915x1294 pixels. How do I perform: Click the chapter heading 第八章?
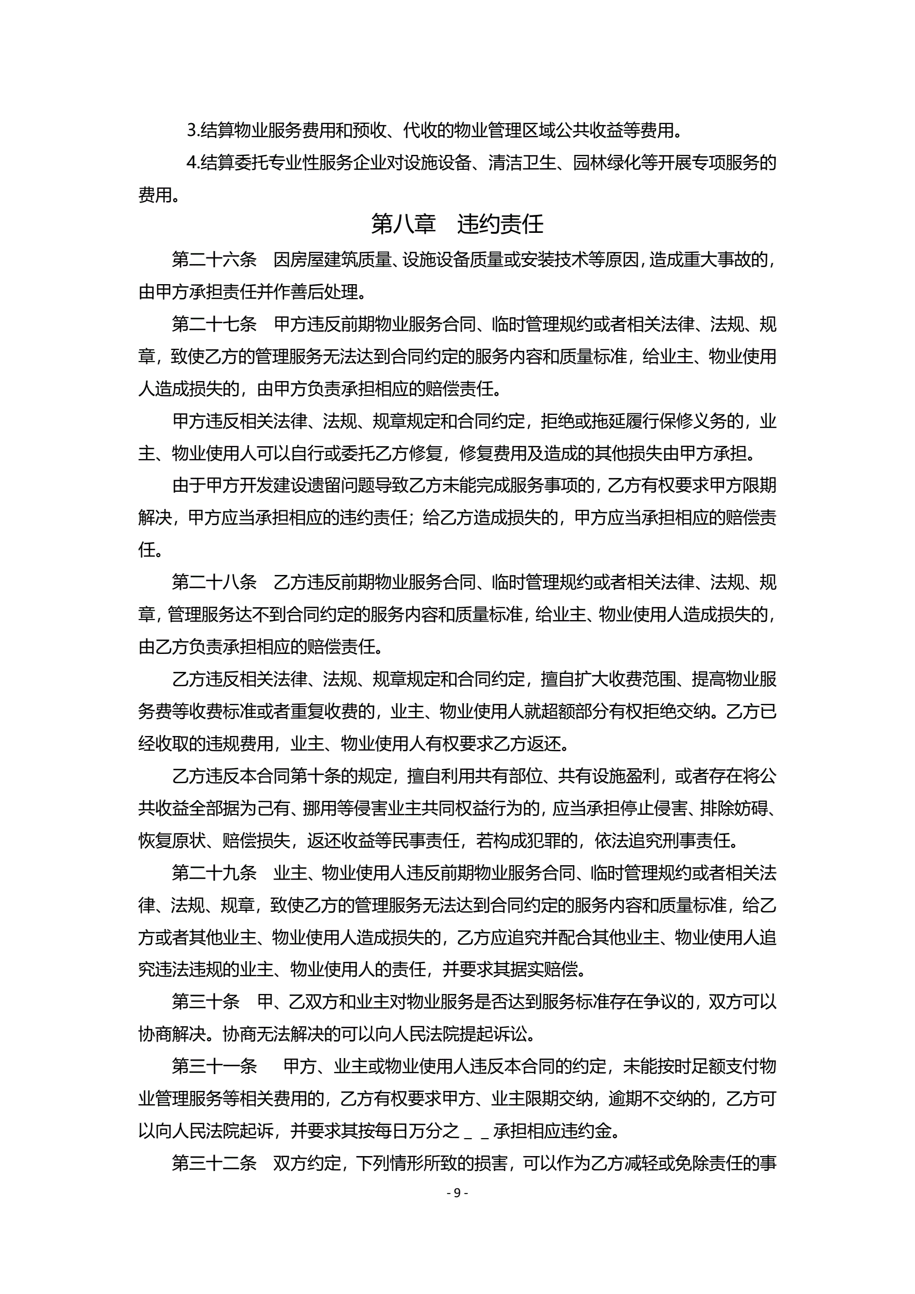click(x=403, y=224)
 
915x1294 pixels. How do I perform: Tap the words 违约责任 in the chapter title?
click(x=500, y=224)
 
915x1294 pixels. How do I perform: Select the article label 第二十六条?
click(x=214, y=260)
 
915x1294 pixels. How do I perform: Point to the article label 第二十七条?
click(x=214, y=324)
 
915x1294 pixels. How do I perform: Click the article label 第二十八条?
click(x=214, y=582)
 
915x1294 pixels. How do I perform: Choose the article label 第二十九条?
click(x=214, y=873)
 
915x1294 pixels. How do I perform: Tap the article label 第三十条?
click(x=206, y=1002)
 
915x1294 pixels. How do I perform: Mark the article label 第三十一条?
click(x=214, y=1067)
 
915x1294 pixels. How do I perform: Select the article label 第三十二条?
click(x=214, y=1164)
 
